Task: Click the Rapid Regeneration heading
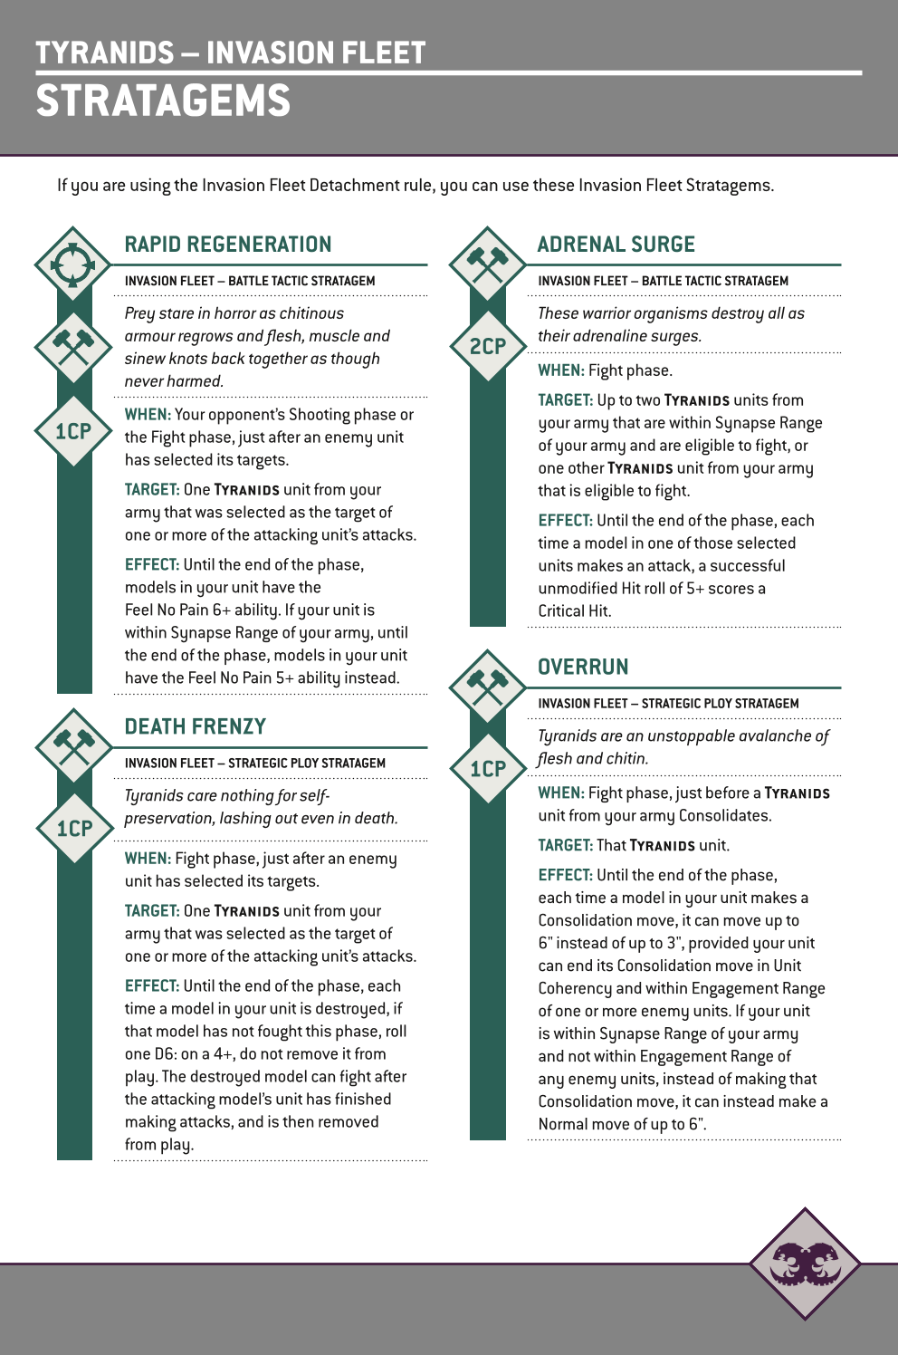[x=228, y=245]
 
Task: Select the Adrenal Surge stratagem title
[x=616, y=245]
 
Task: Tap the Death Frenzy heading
[x=196, y=726]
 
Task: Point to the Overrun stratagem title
[x=583, y=667]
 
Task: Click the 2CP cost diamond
[x=488, y=346]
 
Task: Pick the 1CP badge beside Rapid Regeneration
[x=73, y=431]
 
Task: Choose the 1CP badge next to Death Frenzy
[x=74, y=828]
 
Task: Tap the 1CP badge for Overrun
[x=488, y=769]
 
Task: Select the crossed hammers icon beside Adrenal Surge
[x=488, y=264]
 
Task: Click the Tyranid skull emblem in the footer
[x=805, y=1263]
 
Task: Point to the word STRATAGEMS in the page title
[x=163, y=101]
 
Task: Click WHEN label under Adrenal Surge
[x=560, y=370]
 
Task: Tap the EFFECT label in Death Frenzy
[x=152, y=985]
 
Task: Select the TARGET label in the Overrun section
[x=565, y=845]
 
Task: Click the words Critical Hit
[x=574, y=611]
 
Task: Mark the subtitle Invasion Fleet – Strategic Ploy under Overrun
[x=668, y=704]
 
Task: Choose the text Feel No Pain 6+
[x=177, y=610]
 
